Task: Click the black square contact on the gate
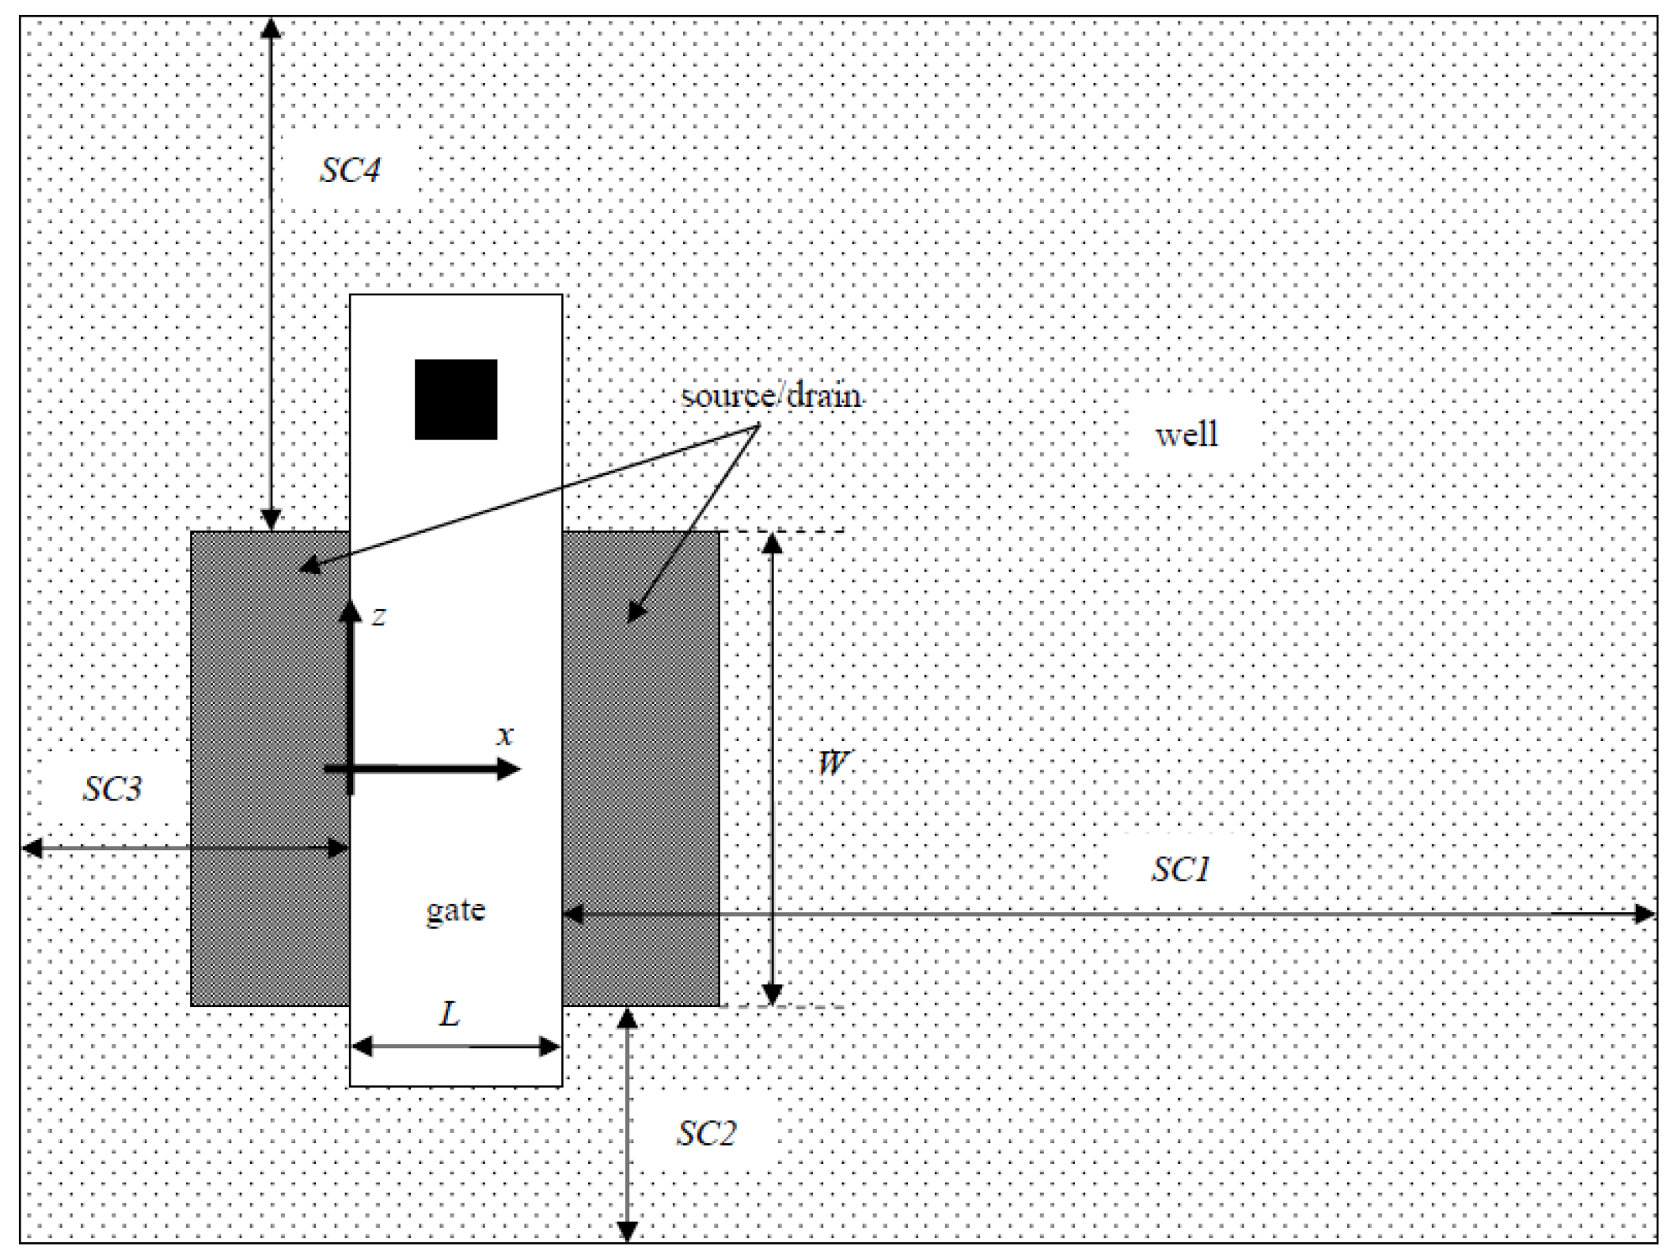click(456, 399)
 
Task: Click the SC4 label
click(349, 170)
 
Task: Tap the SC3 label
click(112, 789)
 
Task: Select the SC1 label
click(1180, 869)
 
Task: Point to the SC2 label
click(706, 1133)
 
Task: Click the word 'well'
click(1186, 435)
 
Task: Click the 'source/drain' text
click(771, 395)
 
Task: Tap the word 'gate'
click(456, 910)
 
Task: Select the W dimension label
click(832, 763)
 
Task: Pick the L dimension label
click(450, 1013)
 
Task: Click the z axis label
click(379, 616)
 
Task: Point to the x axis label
click(504, 735)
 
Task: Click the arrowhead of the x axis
click(509, 769)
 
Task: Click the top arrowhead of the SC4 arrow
click(271, 28)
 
